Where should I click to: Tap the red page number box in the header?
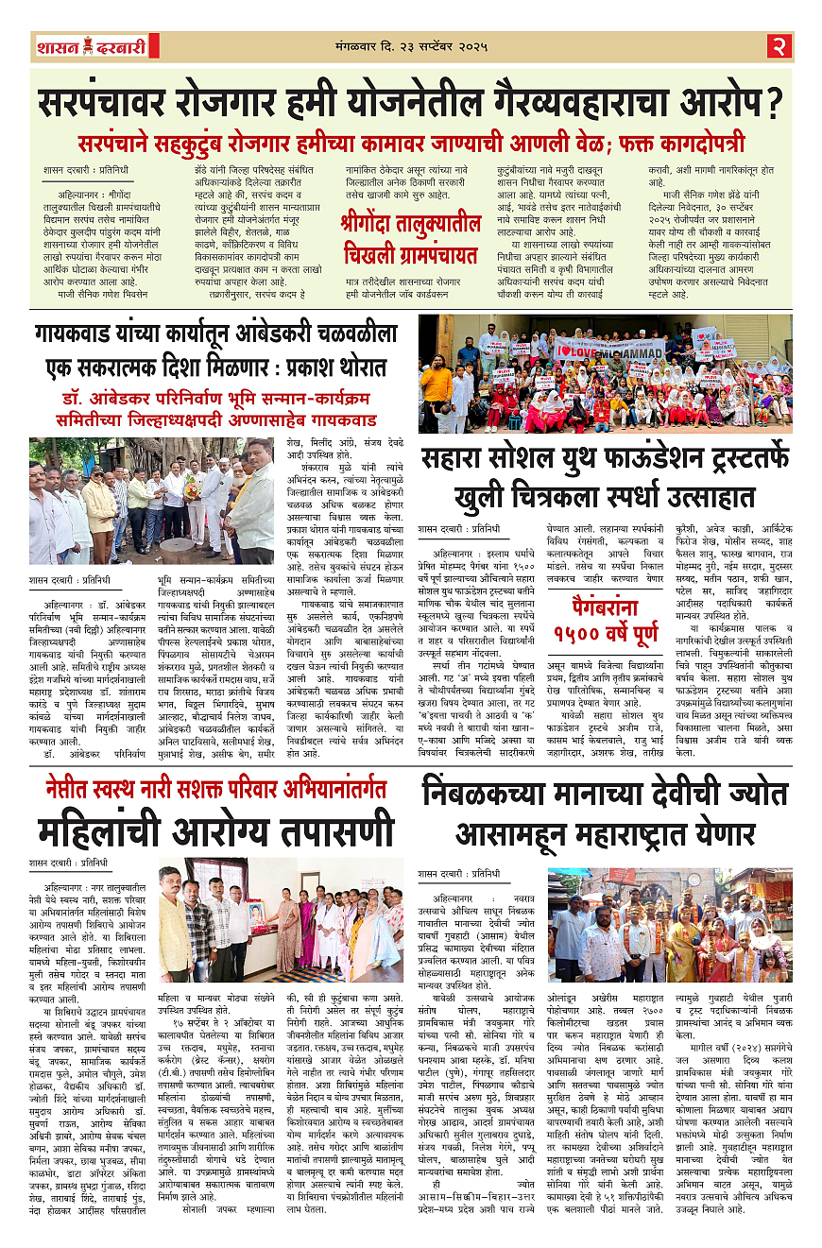tap(779, 46)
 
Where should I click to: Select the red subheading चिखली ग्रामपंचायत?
tap(410, 255)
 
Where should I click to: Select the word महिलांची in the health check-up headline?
tap(107, 834)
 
